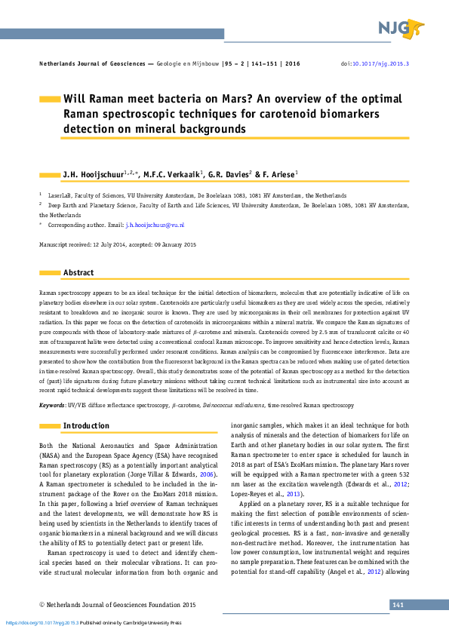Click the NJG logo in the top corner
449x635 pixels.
(x=400, y=29)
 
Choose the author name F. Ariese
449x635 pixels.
(x=279, y=175)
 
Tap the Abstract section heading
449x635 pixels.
(x=78, y=272)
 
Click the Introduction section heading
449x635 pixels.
(x=86, y=426)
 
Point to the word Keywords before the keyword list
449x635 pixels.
(x=51, y=406)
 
